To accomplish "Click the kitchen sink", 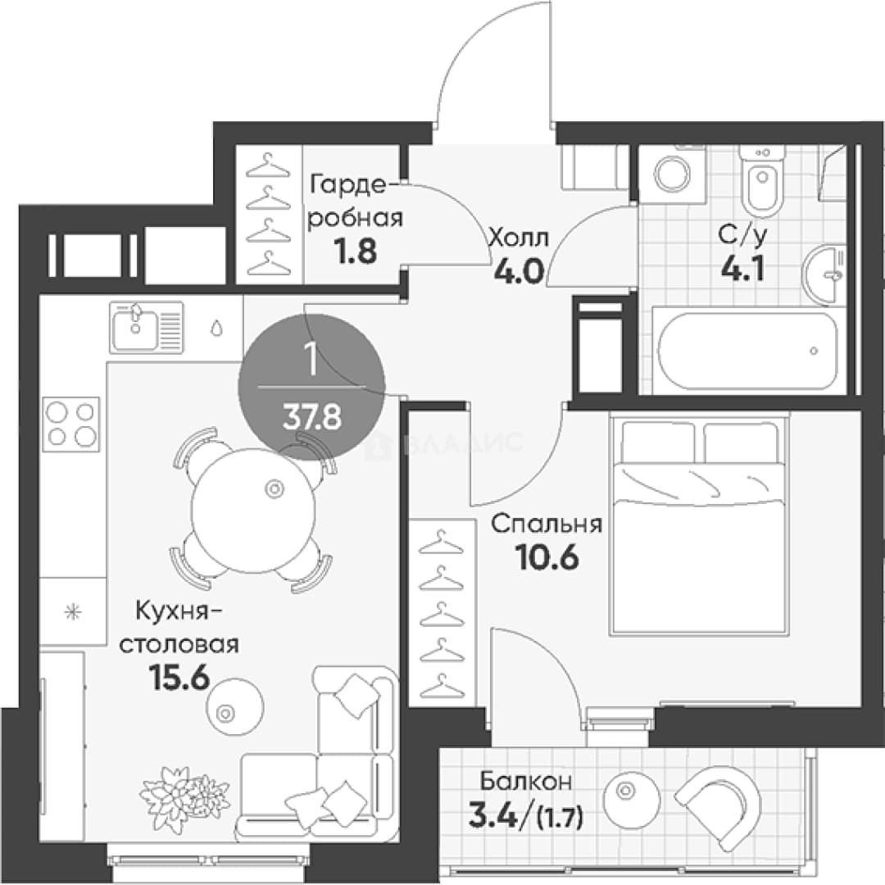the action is tap(147, 327).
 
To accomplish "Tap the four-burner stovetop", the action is tap(70, 424).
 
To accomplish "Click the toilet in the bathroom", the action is tap(763, 180).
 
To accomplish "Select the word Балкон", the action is tap(525, 782).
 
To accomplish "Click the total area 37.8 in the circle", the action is tap(312, 418).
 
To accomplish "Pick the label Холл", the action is tap(518, 238).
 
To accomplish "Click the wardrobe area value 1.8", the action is tap(356, 251).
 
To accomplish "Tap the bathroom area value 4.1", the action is tap(742, 269).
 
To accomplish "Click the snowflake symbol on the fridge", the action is tap(73, 612).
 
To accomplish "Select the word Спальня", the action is tap(547, 524).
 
